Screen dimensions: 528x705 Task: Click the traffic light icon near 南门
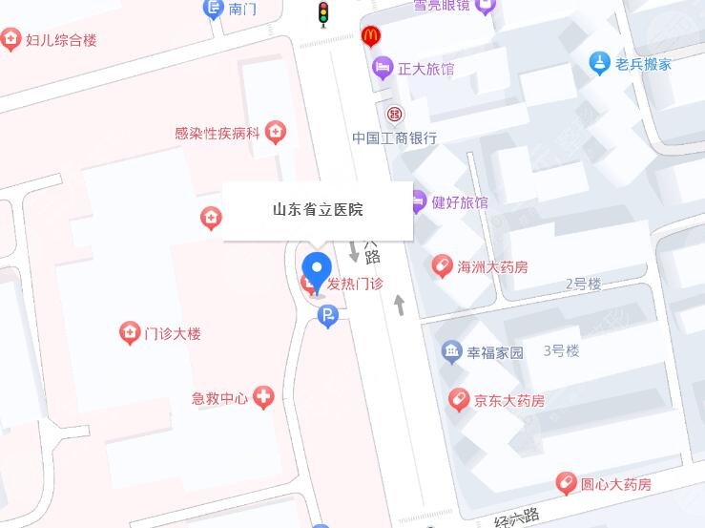[x=322, y=13]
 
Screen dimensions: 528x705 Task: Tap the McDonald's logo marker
[x=371, y=37]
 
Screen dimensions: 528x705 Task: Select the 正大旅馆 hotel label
[x=425, y=69]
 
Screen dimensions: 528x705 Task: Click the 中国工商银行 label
[x=394, y=137]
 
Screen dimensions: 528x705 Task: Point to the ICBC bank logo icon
[x=394, y=114]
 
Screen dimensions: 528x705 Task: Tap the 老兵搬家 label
[x=643, y=64]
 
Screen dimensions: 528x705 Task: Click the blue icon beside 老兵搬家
[x=599, y=63]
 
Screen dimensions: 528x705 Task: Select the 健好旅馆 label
[x=460, y=202]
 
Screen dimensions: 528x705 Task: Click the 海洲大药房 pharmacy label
[x=492, y=266]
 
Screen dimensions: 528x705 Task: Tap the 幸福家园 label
[x=494, y=352]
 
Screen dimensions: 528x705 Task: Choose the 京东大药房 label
[x=509, y=400]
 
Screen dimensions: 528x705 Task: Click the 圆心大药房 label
[x=616, y=484]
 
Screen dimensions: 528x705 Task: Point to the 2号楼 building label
[x=583, y=284]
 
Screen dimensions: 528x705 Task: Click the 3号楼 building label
[x=561, y=350]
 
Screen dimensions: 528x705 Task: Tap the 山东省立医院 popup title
[x=318, y=209]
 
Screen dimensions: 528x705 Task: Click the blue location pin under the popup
[x=317, y=269]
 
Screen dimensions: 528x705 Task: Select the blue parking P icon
[x=328, y=317]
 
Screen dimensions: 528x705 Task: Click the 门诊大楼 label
[x=172, y=333]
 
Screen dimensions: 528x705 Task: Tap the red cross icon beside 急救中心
[x=263, y=398]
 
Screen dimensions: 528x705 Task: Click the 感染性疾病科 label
[x=217, y=134]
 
